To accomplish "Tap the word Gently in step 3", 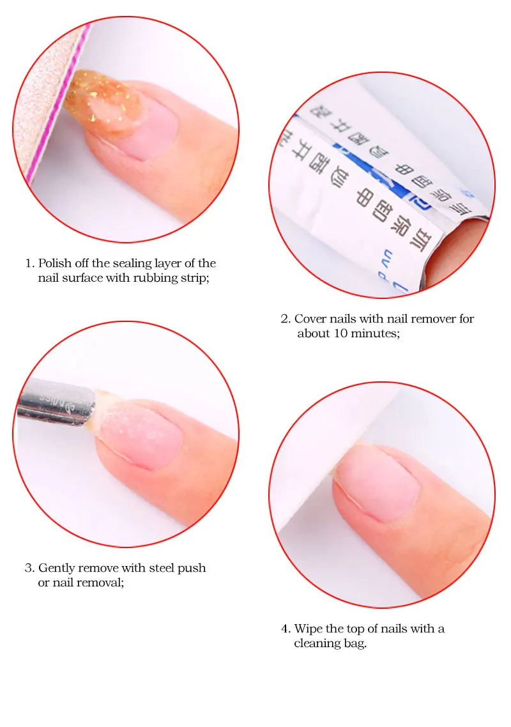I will click(x=56, y=568).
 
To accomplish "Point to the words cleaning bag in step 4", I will click(x=330, y=644).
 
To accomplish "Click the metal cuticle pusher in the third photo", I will click(x=54, y=401).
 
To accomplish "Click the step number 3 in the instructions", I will click(x=29, y=568).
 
